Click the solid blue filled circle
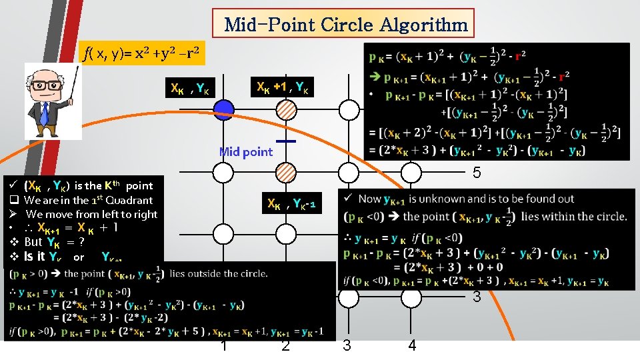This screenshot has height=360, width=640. [224, 109]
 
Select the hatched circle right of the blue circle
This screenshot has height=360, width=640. [285, 109]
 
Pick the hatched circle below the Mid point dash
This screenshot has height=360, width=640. [285, 172]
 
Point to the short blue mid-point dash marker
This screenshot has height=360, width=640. [285, 141]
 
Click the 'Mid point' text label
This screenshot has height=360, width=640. [245, 152]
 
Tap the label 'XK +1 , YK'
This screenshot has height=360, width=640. [283, 87]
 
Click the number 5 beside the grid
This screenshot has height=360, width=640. [477, 173]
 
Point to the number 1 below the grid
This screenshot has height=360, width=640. [224, 345]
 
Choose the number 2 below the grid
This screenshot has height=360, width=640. [285, 345]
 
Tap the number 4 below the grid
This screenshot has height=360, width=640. [412, 345]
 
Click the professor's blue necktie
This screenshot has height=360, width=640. [45, 113]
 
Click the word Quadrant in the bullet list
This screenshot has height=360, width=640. [127, 200]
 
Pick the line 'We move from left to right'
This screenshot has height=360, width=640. [91, 214]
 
